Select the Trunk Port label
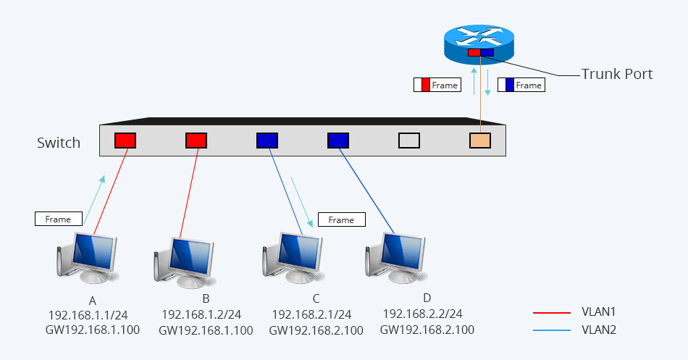tap(617, 74)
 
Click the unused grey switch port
tap(409, 140)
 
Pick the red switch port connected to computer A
tap(125, 140)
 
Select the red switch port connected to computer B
tap(196, 140)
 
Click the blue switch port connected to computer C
tap(267, 140)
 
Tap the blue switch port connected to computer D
tap(338, 140)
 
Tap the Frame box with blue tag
tap(521, 85)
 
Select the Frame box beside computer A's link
tap(58, 219)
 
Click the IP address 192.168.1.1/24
tap(88, 315)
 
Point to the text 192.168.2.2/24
tap(422, 314)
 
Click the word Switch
tap(59, 143)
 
